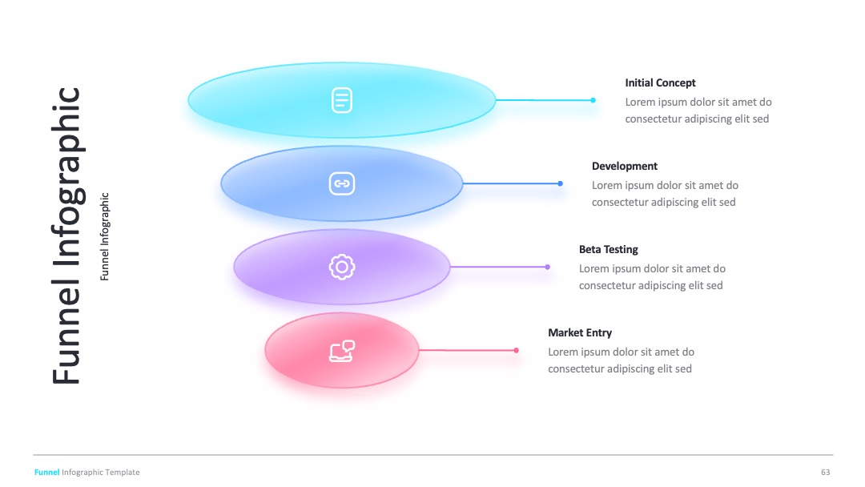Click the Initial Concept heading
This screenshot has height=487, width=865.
[660, 83]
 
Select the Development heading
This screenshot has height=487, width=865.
[625, 166]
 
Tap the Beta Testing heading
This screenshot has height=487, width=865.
[609, 249]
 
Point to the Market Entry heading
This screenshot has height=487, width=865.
[580, 332]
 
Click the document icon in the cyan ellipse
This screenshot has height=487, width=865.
[342, 100]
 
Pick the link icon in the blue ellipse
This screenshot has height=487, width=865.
[342, 183]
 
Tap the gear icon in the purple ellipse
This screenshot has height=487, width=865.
[342, 267]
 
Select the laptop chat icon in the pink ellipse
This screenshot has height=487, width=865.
[342, 351]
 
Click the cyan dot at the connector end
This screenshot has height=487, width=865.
[593, 100]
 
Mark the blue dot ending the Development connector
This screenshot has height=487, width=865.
[561, 183]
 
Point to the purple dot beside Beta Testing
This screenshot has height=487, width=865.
[547, 267]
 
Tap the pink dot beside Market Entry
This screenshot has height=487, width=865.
[517, 350]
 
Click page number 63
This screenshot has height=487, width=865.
[825, 472]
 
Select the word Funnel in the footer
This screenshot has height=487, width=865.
[47, 472]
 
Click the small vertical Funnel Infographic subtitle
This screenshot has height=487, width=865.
[105, 236]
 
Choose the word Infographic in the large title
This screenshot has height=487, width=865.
[67, 176]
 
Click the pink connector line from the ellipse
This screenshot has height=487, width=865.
[467, 350]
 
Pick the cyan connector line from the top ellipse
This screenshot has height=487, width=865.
[544, 100]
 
